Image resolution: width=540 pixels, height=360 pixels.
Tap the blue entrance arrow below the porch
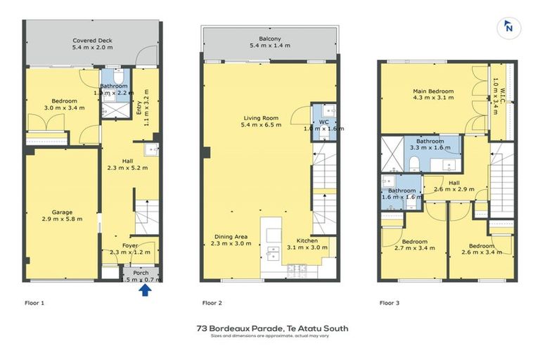point(145,289)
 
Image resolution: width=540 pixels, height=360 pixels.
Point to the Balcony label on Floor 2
point(270,39)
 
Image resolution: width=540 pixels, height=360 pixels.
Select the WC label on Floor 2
point(323,122)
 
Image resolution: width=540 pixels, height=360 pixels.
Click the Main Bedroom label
point(433,91)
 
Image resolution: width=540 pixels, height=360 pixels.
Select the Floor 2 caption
point(212,303)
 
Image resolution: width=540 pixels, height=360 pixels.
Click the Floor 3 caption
point(390,303)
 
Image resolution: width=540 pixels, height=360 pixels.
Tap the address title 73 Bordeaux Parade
point(272,328)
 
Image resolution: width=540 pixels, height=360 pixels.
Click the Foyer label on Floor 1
point(129,245)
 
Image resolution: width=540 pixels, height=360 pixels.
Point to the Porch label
point(141,272)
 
